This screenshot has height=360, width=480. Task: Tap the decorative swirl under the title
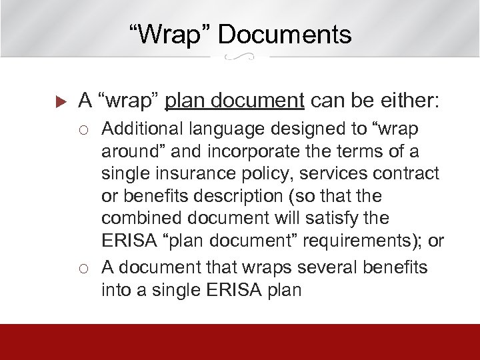239,58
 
